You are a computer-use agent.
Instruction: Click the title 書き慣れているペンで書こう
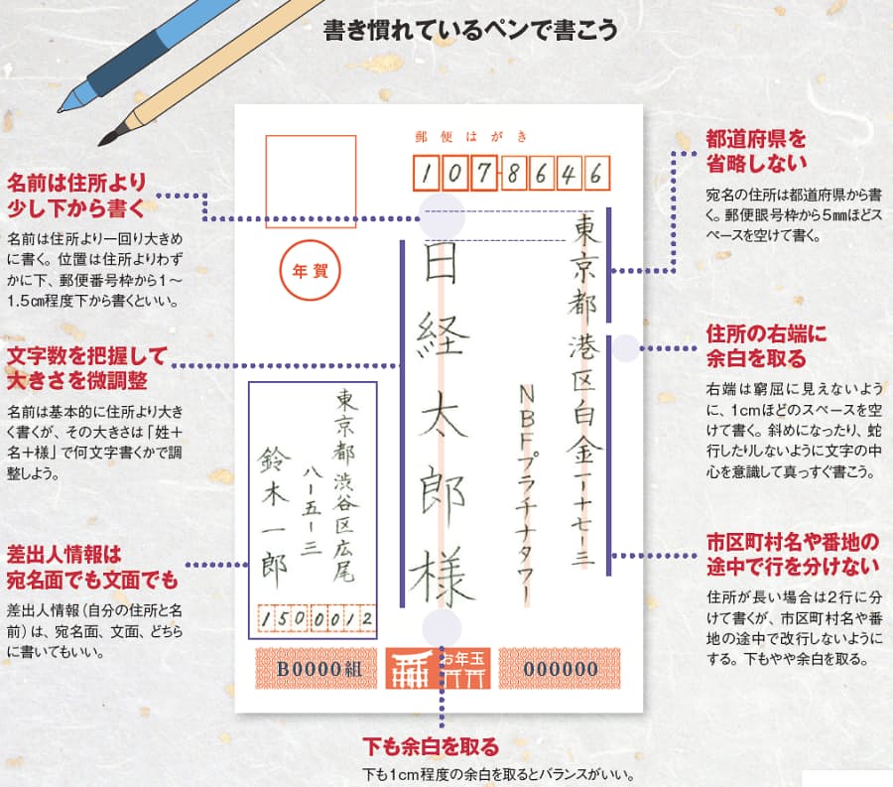[x=470, y=30]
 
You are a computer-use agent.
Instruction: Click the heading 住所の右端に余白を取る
[x=765, y=345]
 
